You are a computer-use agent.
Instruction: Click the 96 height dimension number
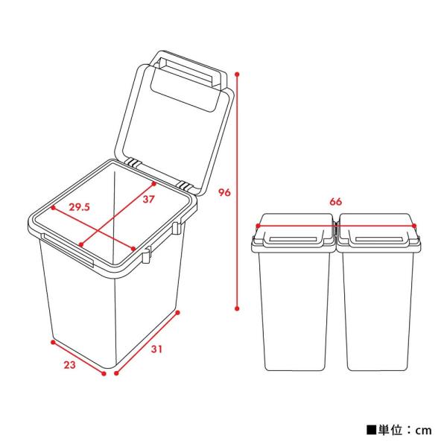click(223, 192)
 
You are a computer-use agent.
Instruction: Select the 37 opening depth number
click(148, 199)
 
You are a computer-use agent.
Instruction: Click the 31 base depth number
click(156, 349)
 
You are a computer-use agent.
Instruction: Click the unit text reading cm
click(423, 430)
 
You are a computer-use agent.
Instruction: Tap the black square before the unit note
click(370, 430)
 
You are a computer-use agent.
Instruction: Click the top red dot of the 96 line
click(238, 74)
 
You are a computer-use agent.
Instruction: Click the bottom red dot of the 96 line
click(238, 308)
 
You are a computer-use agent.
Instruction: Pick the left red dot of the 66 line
click(258, 225)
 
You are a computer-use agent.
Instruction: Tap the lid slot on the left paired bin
click(295, 239)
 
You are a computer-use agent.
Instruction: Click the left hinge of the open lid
click(133, 162)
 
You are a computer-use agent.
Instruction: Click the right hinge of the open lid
click(185, 183)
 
